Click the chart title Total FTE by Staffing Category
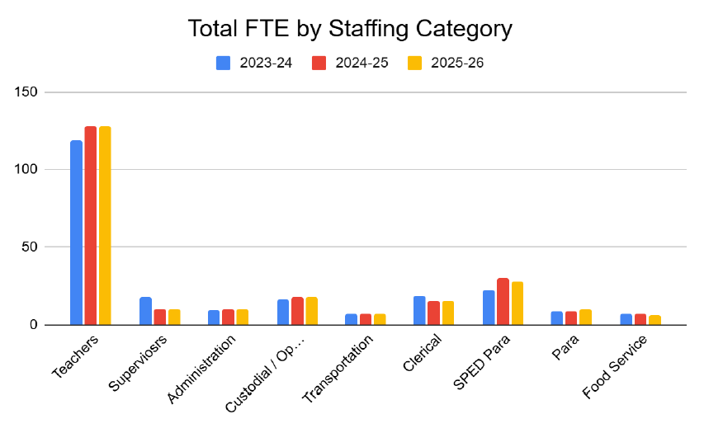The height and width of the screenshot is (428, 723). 350,29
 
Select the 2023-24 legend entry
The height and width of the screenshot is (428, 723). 254,63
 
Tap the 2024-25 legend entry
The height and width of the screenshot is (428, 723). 350,63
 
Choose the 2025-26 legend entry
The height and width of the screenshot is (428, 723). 446,63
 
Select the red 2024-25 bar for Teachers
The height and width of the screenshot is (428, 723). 90,225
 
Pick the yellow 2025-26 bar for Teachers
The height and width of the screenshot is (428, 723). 105,225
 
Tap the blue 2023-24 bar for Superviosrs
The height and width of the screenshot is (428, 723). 145,311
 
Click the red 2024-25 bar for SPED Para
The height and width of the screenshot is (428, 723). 503,302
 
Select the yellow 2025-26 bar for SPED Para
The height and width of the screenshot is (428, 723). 517,303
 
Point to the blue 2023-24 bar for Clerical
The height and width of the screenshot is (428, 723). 420,310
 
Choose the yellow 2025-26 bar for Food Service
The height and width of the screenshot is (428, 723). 654,320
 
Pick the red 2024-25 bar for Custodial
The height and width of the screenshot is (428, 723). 297,311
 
